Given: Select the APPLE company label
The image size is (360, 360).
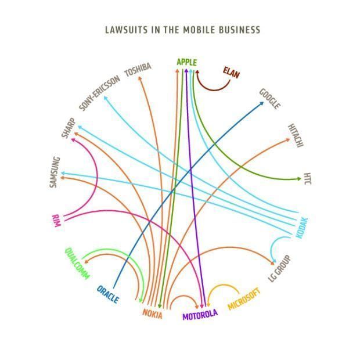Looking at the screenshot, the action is point(186,62).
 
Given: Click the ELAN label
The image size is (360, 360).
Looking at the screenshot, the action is point(231,73).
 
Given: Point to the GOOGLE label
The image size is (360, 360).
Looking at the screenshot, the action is point(270,99).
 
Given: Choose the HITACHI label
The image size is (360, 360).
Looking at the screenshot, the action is point(296,135).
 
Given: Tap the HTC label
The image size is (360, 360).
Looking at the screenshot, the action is point(307,179).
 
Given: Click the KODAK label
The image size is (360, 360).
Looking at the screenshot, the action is point(301,228).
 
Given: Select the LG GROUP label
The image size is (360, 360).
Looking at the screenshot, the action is point(279,268).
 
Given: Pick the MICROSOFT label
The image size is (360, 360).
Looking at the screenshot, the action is point(244,299).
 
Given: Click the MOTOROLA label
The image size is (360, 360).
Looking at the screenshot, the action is point(200,315).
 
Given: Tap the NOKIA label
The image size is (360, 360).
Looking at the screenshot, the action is point(153,314).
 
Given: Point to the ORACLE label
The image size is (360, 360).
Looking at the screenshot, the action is point(108,294).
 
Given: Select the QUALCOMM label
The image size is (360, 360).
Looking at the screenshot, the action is point(77,264).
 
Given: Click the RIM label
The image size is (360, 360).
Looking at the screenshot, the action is point(56,221).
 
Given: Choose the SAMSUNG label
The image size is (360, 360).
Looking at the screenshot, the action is point(55,172).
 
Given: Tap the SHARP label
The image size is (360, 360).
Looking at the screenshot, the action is point(69,128).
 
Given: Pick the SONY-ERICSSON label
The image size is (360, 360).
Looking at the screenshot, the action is point(99,93).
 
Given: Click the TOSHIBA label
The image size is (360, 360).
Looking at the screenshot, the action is point(138,70).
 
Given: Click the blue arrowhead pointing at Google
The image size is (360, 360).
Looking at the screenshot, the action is point(261,104).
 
